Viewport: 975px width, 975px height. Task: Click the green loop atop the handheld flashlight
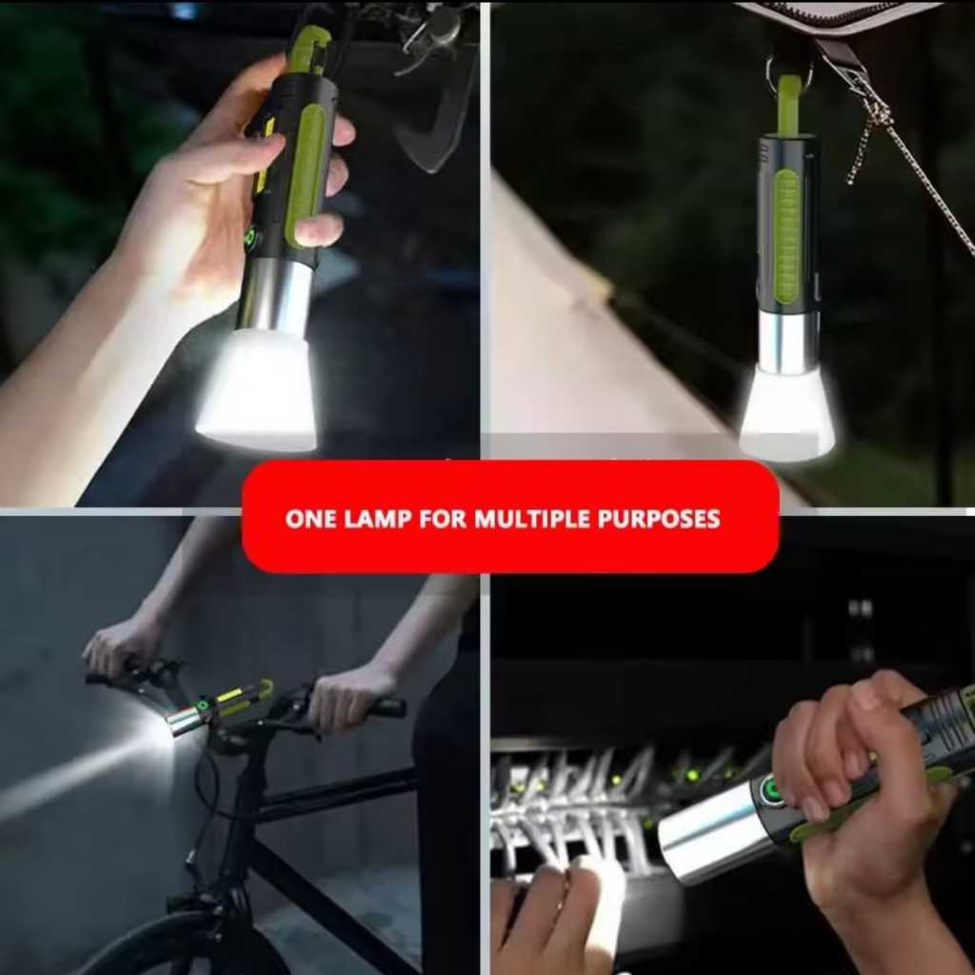tap(309, 48)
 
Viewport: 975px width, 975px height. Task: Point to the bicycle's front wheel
tap(162, 947)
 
